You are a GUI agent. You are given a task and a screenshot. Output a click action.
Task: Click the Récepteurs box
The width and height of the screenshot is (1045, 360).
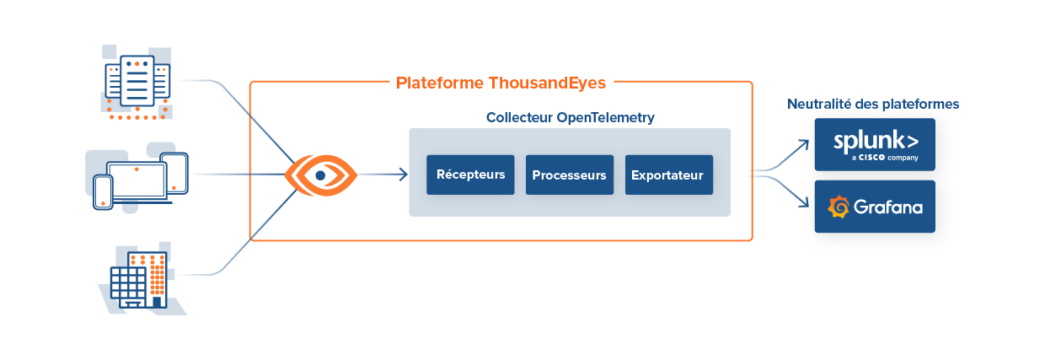[470, 175]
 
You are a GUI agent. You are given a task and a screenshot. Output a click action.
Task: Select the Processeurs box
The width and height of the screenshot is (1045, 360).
[570, 175]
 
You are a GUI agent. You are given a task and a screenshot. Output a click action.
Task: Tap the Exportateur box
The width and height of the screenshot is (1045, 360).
[668, 175]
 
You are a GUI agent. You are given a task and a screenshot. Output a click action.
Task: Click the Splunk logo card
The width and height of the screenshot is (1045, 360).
[874, 144]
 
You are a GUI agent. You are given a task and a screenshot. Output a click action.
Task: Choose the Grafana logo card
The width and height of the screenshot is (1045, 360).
[874, 207]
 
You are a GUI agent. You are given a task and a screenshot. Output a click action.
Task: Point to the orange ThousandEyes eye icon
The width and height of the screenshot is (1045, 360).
[320, 175]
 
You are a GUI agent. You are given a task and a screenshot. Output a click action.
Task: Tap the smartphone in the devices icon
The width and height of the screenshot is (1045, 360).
[103, 191]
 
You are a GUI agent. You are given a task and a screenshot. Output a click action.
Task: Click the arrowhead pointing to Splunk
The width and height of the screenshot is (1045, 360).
[804, 144]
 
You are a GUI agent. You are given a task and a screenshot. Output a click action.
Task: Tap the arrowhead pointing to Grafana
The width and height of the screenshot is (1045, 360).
[804, 205]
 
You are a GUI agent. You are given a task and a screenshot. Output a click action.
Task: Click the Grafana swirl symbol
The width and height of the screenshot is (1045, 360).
[839, 207]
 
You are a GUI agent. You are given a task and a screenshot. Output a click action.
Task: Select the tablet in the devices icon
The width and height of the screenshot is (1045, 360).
[174, 174]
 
